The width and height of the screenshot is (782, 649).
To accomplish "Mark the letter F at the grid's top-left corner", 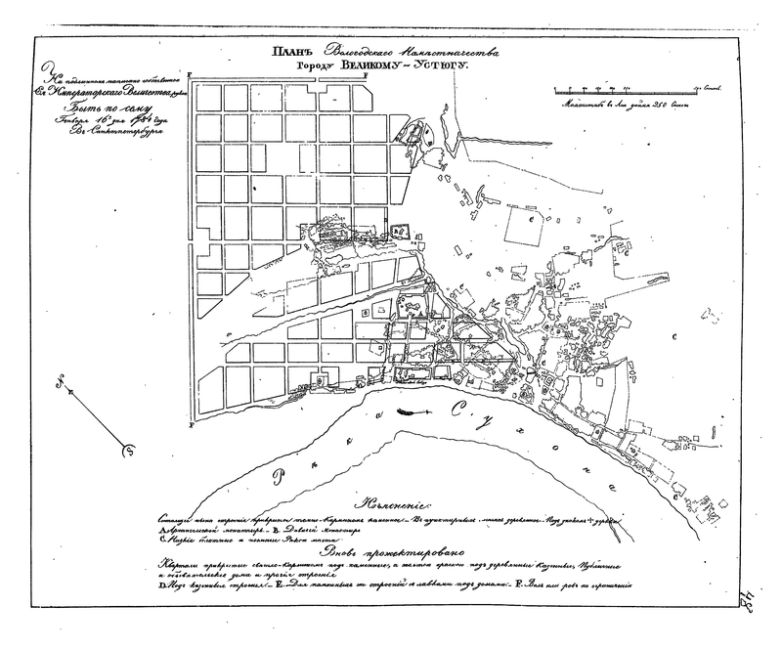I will click(x=191, y=76).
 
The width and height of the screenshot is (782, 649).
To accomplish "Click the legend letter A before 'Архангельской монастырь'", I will click(x=161, y=532).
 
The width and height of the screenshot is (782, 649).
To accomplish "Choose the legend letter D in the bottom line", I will click(x=161, y=590).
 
